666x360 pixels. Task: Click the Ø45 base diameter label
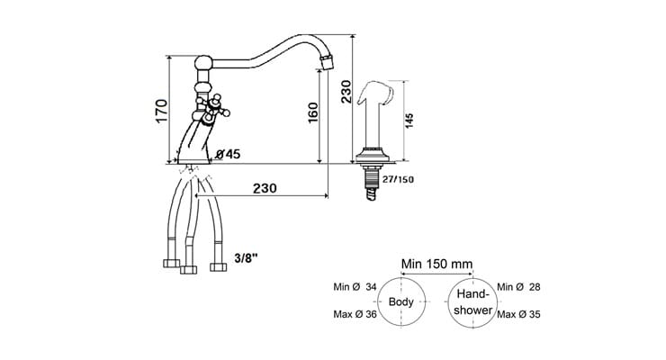tap(228, 155)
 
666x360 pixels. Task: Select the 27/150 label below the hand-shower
tap(398, 178)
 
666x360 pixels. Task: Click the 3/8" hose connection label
tap(246, 257)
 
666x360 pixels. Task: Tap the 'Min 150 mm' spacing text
tap(437, 263)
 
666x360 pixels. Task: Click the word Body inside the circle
tap(400, 302)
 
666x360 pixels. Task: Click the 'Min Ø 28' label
tap(520, 286)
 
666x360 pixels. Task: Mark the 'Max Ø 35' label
tap(521, 314)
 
